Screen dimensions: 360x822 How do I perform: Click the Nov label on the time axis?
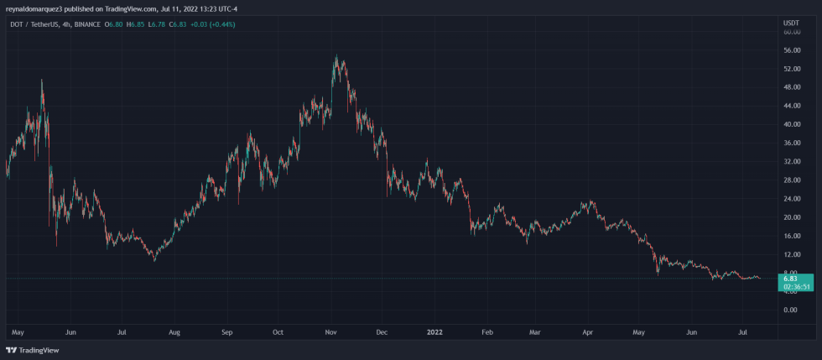coord(330,332)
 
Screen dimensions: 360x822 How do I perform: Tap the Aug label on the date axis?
coord(174,332)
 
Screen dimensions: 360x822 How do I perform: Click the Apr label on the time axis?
coord(589,332)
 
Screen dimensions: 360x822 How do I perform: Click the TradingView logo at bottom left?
coord(25,350)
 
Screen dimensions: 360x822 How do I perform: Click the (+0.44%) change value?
coord(222,24)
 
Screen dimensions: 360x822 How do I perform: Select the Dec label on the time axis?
coord(382,332)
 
